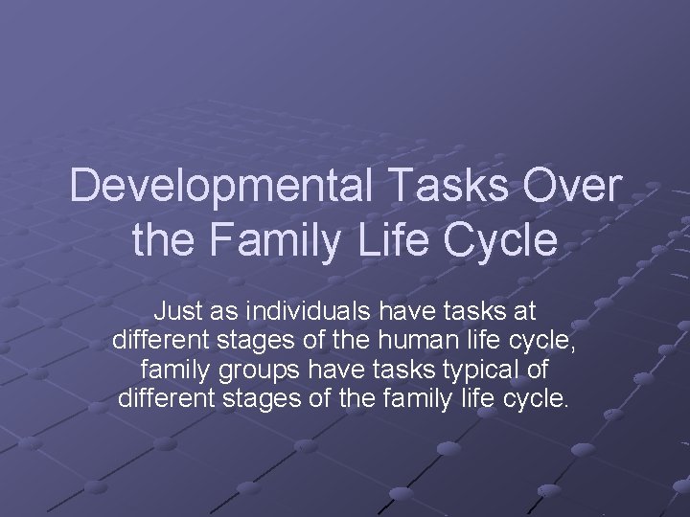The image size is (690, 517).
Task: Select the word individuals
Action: tap(300, 311)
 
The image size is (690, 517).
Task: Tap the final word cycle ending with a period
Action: tap(539, 396)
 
